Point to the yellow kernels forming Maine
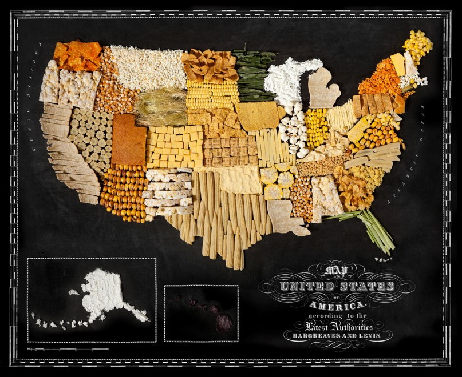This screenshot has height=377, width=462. tap(418, 46)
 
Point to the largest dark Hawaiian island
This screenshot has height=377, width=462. tap(224, 323)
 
